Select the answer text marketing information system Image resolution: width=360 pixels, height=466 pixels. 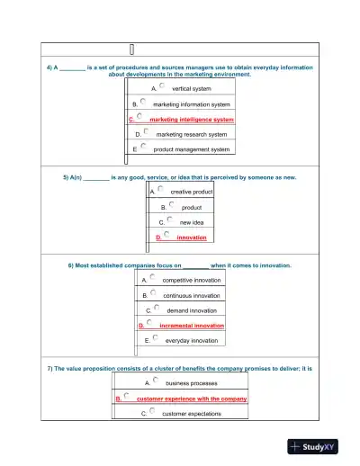[x=192, y=104]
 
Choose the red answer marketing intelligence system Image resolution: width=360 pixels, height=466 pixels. [x=192, y=119]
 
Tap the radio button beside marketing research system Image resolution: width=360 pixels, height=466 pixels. [x=146, y=131]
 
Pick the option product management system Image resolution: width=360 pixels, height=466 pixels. [x=192, y=149]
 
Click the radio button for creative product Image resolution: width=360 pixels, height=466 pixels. [x=160, y=189]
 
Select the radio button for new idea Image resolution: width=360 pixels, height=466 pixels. [x=168, y=219]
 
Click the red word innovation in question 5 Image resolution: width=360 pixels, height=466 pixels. [x=191, y=237]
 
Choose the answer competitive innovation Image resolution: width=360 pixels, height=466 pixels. [x=191, y=281]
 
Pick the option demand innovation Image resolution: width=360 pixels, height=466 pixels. [x=192, y=310]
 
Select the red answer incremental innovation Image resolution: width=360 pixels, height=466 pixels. [x=192, y=326]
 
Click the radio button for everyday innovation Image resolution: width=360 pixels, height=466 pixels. [x=155, y=338]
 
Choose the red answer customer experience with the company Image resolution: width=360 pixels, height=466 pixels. [x=192, y=399]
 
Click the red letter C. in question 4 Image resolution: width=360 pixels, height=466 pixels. [x=131, y=119]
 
